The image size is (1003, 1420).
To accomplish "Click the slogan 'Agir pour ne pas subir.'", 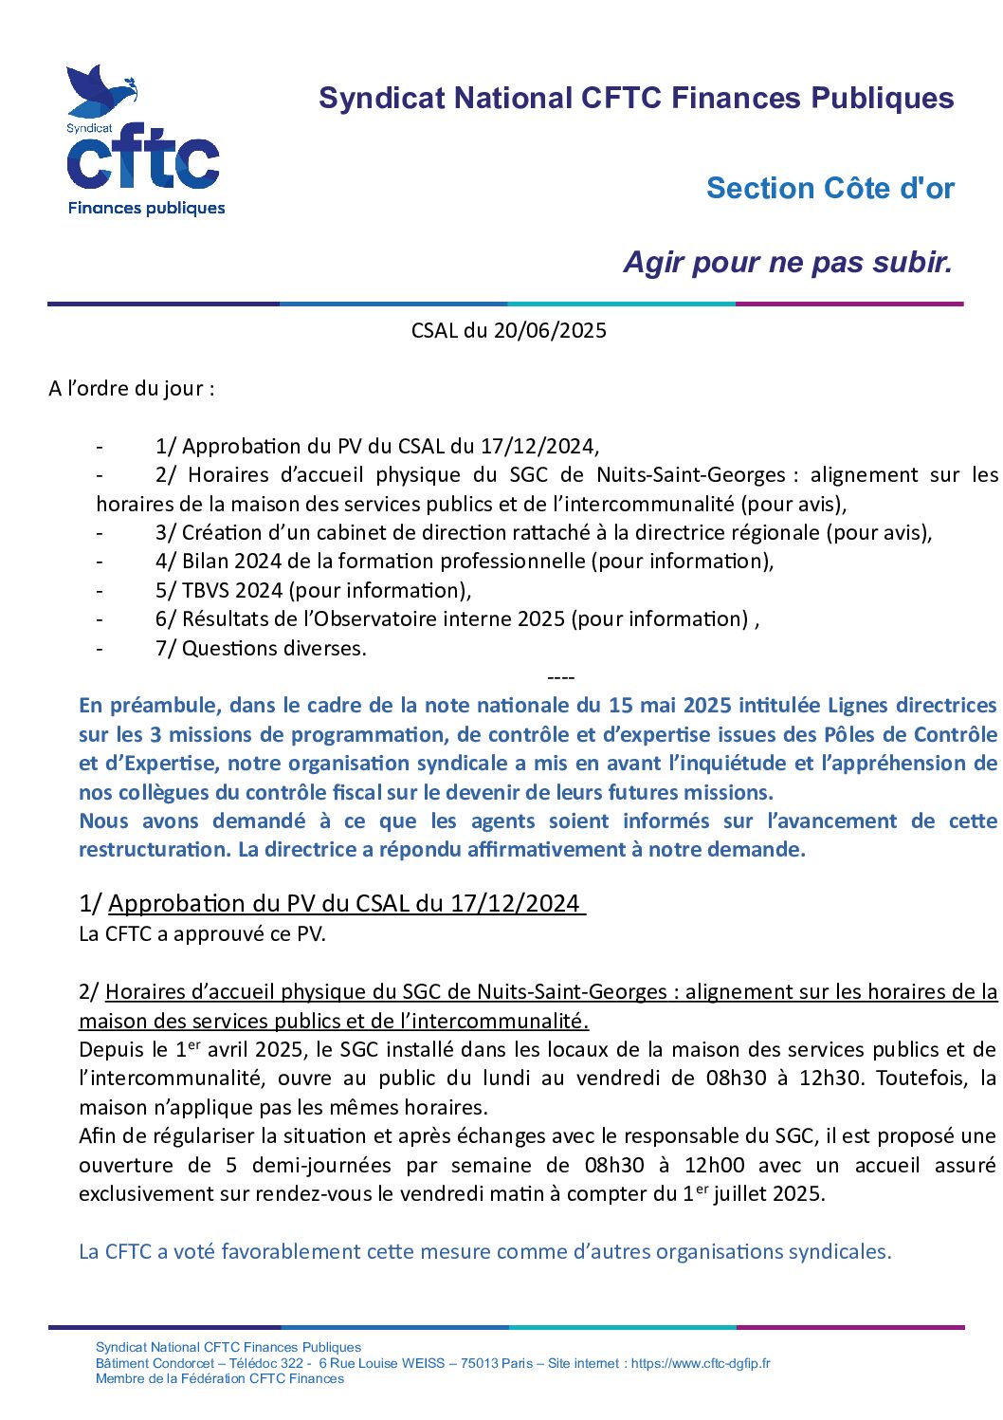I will click(x=788, y=263).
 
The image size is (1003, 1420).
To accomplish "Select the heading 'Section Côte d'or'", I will click(x=830, y=189).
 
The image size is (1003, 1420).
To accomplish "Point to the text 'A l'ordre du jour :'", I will click(x=131, y=389).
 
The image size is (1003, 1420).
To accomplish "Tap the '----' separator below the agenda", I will click(x=561, y=677).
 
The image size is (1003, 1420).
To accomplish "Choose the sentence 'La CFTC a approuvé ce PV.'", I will click(x=202, y=934).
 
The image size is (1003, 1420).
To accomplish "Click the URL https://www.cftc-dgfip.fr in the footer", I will click(x=701, y=1364).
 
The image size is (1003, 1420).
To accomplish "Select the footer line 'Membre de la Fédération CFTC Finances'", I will click(x=220, y=1379).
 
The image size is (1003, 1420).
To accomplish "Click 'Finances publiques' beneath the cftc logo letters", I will click(x=146, y=209).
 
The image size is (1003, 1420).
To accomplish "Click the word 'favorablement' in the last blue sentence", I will click(x=291, y=1252).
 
